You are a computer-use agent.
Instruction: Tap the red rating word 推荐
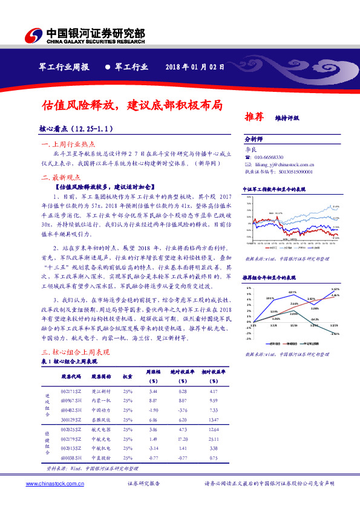click(x=254, y=116)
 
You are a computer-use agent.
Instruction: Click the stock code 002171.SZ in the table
click(x=71, y=392)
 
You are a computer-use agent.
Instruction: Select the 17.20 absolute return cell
click(x=182, y=438)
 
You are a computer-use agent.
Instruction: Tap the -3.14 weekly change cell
click(x=153, y=447)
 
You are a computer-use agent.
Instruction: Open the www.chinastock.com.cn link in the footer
click(x=49, y=484)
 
